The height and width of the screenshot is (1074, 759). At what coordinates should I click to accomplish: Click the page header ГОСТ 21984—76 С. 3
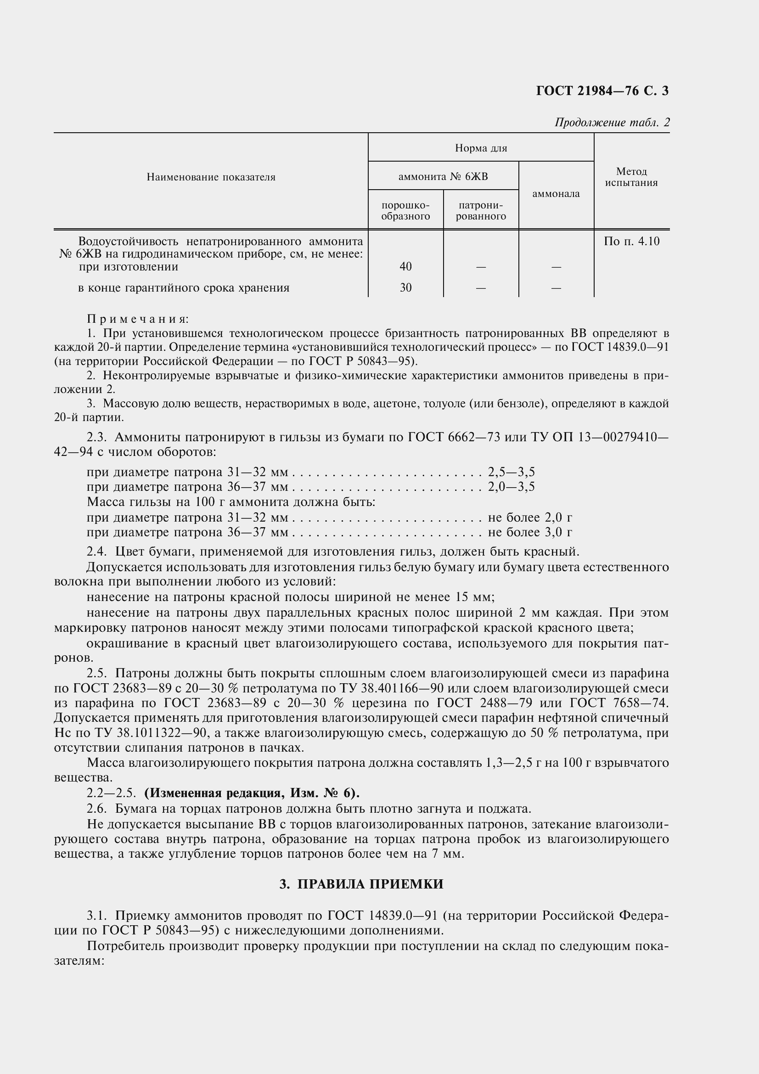click(602, 91)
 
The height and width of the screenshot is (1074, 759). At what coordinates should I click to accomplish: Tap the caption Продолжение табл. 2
click(612, 123)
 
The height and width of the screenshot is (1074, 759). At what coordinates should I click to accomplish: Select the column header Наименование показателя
click(211, 177)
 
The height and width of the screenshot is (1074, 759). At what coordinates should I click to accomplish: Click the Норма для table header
click(481, 148)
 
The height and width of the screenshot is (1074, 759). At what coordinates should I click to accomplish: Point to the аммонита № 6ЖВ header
click(443, 176)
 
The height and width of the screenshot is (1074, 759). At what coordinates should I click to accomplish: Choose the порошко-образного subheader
click(405, 210)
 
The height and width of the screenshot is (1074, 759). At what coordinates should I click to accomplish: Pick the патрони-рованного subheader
click(481, 210)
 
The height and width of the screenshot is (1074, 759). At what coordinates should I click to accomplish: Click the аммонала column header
click(556, 194)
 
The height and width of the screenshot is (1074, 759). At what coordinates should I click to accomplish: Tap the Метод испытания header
click(631, 177)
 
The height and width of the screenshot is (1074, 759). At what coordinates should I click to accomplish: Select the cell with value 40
click(405, 267)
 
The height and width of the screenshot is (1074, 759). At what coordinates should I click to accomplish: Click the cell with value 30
click(405, 288)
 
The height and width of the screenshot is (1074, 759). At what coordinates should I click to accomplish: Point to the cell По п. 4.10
click(631, 242)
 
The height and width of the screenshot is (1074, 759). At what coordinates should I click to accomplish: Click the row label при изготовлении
click(128, 267)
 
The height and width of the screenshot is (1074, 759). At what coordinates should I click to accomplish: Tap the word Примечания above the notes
click(138, 319)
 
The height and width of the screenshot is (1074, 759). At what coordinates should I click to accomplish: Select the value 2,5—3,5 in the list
click(511, 472)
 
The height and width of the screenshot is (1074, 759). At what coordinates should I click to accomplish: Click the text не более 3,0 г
click(530, 532)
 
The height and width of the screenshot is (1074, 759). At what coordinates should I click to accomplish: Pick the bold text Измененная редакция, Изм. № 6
click(252, 793)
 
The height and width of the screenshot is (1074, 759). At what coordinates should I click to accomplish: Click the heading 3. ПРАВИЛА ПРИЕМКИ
click(361, 883)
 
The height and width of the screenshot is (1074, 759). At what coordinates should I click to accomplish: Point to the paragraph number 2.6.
click(97, 808)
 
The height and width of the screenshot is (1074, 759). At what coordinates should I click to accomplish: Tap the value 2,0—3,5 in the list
click(511, 487)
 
